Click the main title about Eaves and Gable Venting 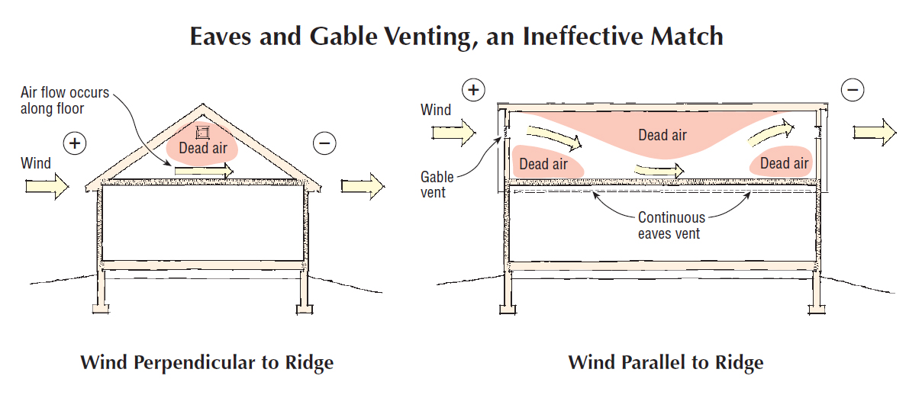click(x=456, y=36)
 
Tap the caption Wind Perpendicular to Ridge click(x=207, y=361)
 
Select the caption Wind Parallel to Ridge click(x=666, y=361)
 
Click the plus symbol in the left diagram click(x=74, y=143)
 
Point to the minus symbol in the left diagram click(x=324, y=143)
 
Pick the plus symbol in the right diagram click(x=473, y=90)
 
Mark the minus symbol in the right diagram click(x=853, y=90)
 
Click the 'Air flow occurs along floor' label click(x=65, y=99)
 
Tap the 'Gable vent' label click(x=437, y=185)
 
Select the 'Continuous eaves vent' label click(x=670, y=225)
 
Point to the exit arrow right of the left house click(x=363, y=185)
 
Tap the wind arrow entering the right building click(x=453, y=133)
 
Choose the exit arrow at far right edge click(x=875, y=133)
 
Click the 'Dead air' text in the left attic click(x=203, y=148)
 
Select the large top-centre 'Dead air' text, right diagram click(x=662, y=136)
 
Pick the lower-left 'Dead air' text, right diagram click(x=543, y=163)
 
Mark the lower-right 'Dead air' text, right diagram click(x=784, y=163)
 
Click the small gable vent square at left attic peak click(x=202, y=130)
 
